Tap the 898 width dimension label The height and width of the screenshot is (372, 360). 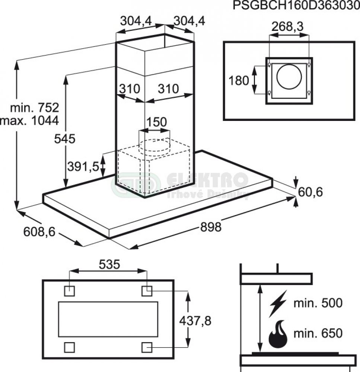[x=210, y=227]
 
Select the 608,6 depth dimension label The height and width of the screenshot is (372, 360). [x=39, y=232]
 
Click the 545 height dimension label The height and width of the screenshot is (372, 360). [x=64, y=139]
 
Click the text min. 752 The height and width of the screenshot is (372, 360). [x=35, y=108]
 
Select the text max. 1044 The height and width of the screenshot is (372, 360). [x=30, y=120]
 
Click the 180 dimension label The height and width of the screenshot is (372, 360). [x=239, y=80]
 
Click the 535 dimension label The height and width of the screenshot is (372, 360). [x=109, y=264]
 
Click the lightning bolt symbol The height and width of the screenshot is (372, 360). [x=278, y=303]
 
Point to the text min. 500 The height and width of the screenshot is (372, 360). [x=318, y=303]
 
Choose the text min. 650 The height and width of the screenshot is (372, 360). [x=318, y=333]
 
